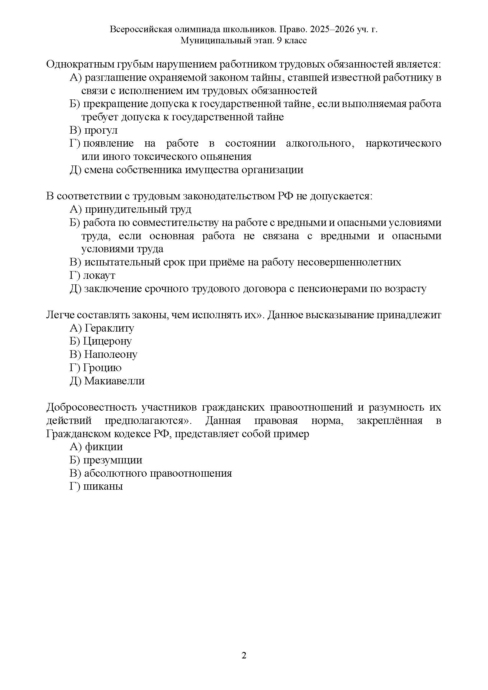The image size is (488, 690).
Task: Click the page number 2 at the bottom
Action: (244, 655)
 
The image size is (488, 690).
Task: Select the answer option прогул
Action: (101, 130)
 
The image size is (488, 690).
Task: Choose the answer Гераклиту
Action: (109, 328)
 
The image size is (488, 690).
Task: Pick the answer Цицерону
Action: (107, 341)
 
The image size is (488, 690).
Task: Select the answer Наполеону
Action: (111, 355)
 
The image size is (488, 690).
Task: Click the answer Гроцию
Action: (102, 368)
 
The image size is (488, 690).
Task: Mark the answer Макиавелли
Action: (114, 381)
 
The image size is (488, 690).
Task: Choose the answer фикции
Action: (104, 447)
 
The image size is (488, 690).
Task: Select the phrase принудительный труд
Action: (137, 209)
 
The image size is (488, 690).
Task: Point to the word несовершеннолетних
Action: (349, 262)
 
